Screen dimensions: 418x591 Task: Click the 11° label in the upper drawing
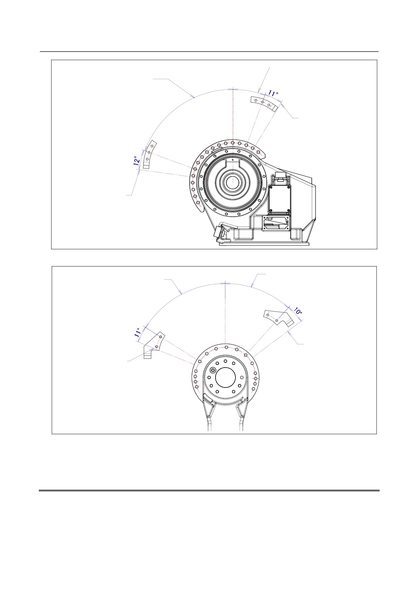273,93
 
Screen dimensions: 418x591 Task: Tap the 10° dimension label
298,311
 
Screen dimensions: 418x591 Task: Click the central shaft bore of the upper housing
232,182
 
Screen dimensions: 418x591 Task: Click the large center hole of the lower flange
225,377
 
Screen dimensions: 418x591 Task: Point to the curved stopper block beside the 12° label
148,154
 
